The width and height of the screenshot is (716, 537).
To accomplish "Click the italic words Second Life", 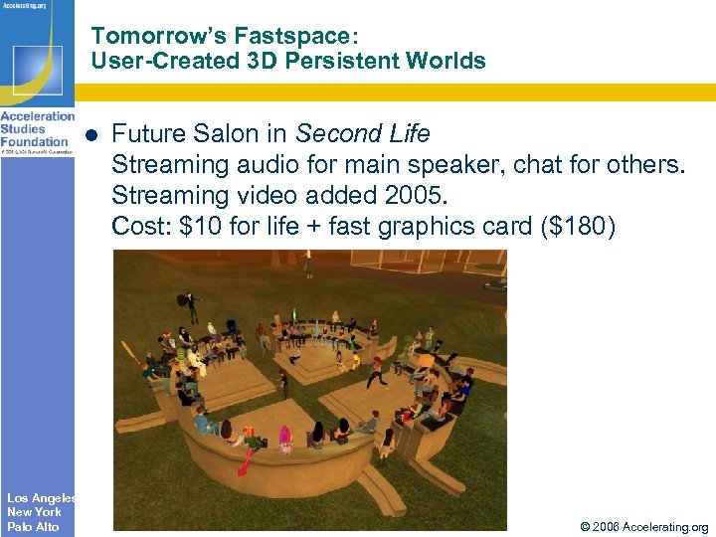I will (x=363, y=134).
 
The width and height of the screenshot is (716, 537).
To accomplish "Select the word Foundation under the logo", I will (x=35, y=141).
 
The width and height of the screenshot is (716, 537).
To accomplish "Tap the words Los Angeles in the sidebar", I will (x=41, y=497).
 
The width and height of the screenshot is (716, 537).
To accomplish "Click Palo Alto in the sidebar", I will (x=33, y=527).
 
